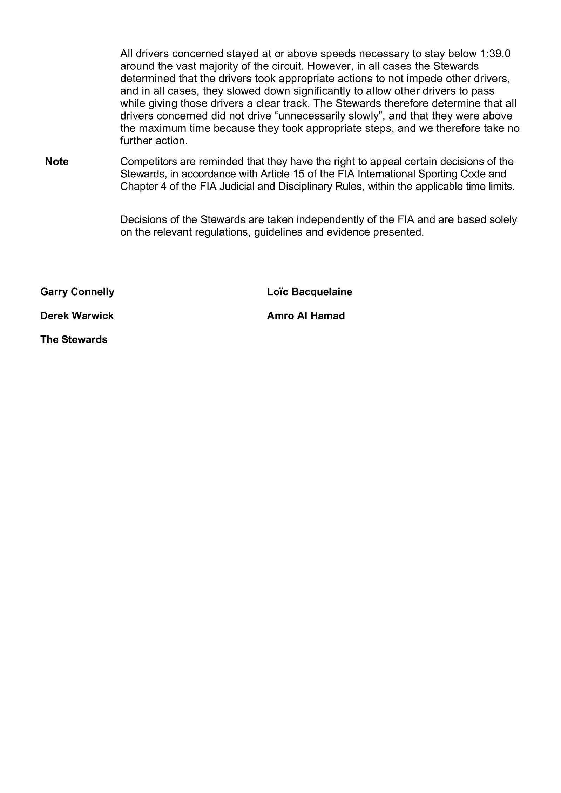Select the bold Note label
tap(57, 162)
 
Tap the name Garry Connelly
tap(77, 292)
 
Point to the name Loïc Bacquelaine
tap(309, 292)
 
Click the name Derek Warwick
tap(77, 316)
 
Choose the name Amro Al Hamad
tap(306, 316)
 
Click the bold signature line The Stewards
tap(74, 340)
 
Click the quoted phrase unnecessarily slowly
tap(330, 116)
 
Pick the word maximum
tap(162, 128)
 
